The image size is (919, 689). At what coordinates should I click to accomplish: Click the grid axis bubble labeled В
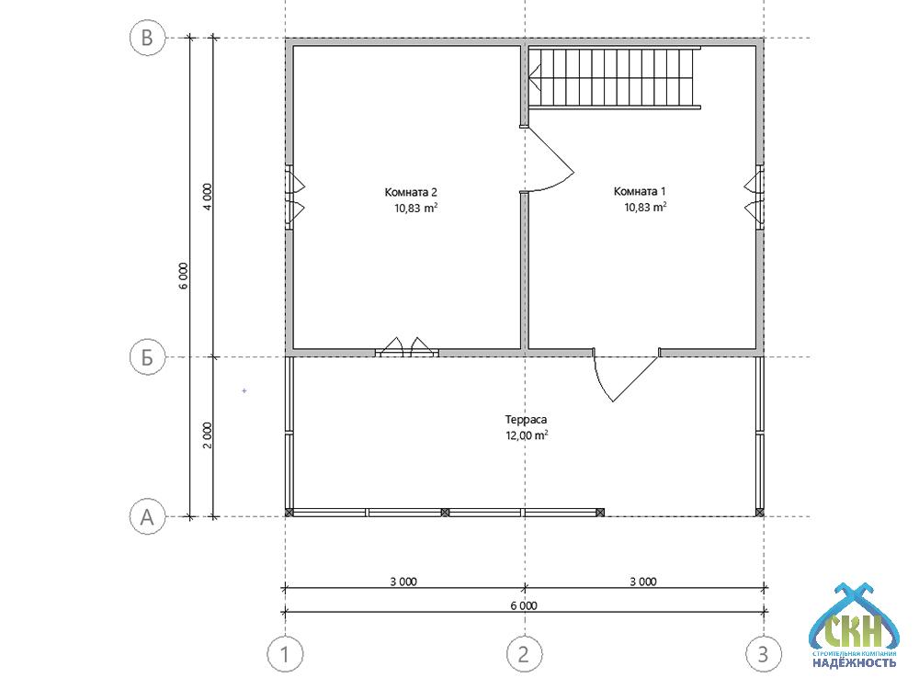click(x=147, y=38)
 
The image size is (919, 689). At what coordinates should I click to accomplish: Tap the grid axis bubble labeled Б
click(x=147, y=356)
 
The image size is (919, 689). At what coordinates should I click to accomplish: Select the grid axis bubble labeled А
click(x=147, y=516)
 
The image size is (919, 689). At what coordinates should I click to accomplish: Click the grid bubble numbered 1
click(x=285, y=653)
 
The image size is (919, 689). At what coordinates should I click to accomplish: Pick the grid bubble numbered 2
click(x=524, y=653)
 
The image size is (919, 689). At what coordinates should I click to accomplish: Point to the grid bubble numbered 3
click(x=763, y=653)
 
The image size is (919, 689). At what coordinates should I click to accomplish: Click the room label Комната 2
click(x=411, y=192)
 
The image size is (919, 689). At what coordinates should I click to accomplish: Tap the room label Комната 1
click(x=640, y=191)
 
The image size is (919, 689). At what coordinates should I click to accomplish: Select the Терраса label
click(x=526, y=420)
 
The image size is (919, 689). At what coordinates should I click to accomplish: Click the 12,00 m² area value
click(x=527, y=435)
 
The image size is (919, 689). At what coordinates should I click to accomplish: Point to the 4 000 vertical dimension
click(x=208, y=198)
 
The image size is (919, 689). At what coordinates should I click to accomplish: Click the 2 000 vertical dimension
click(x=208, y=435)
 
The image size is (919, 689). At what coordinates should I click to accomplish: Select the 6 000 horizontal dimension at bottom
click(x=524, y=605)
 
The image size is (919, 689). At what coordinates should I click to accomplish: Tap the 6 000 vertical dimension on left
click(x=184, y=276)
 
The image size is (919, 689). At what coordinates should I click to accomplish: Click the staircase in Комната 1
click(x=616, y=77)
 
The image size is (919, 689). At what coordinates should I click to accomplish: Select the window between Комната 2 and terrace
click(x=407, y=348)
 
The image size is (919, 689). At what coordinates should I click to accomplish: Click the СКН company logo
click(x=854, y=627)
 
